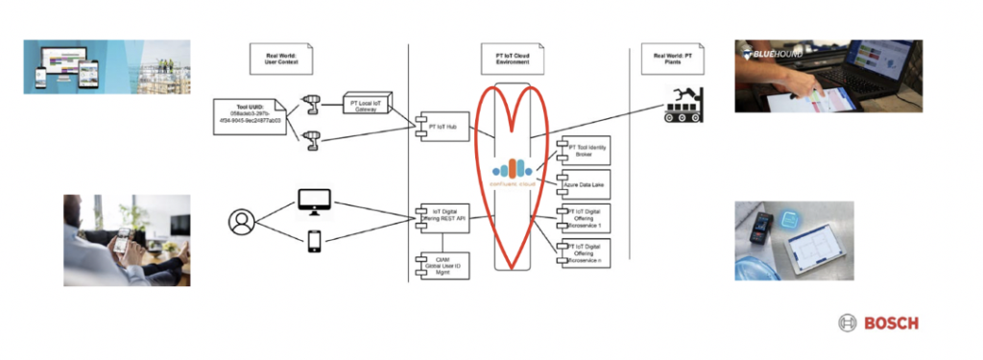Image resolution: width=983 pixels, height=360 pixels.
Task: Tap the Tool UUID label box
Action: (252, 115)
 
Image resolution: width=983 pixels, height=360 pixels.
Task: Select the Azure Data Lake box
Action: (584, 182)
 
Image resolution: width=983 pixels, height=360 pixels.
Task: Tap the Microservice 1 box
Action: (584, 218)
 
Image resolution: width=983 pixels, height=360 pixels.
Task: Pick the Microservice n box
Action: (584, 253)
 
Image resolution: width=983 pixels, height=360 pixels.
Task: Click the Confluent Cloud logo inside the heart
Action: (516, 164)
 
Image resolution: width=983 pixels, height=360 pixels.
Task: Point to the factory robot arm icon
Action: (683, 104)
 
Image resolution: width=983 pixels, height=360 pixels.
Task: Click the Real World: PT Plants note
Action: (672, 57)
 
